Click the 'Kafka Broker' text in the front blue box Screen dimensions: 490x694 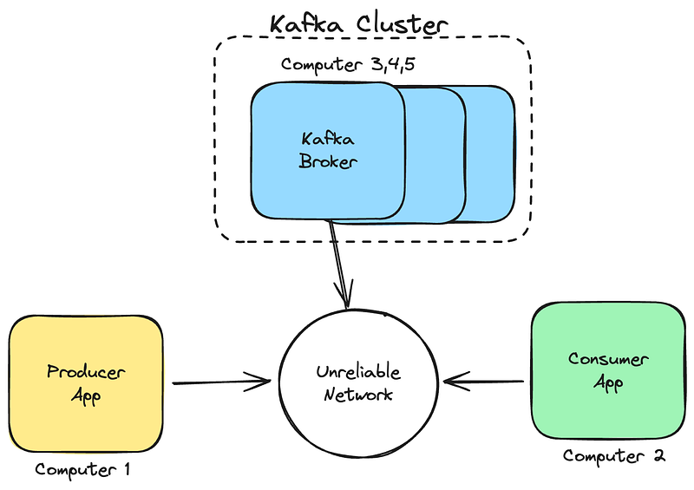pos(328,150)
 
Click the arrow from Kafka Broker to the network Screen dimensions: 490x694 pos(338,260)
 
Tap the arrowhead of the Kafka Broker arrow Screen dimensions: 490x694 pos(347,300)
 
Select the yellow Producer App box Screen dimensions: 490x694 pos(85,383)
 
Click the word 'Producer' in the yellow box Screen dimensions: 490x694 pos(85,373)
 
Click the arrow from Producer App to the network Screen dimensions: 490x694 pos(221,381)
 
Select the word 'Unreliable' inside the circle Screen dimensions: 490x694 pos(358,372)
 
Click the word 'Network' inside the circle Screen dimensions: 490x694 pos(358,395)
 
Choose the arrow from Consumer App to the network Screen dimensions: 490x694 pos(486,381)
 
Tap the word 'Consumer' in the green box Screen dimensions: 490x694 pos(608,358)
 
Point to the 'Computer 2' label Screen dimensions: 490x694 pos(613,455)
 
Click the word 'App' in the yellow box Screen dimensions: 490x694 pos(86,397)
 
